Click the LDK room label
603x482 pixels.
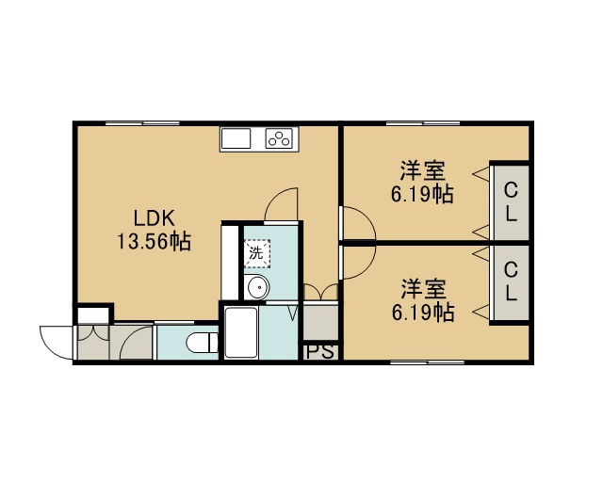(154, 218)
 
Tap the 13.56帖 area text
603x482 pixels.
(154, 242)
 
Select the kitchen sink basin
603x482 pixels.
(236, 138)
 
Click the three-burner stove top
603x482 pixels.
(280, 138)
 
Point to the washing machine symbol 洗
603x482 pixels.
(257, 253)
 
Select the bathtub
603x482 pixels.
(241, 332)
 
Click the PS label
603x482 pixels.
(320, 352)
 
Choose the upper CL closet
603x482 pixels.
(511, 202)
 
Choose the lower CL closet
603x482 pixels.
(511, 282)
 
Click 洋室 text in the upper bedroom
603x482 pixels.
(423, 171)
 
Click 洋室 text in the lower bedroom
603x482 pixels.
(424, 289)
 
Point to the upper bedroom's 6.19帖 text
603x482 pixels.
(423, 194)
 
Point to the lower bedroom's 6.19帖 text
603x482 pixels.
(423, 313)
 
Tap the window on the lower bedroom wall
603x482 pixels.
(427, 362)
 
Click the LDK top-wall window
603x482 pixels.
(142, 123)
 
